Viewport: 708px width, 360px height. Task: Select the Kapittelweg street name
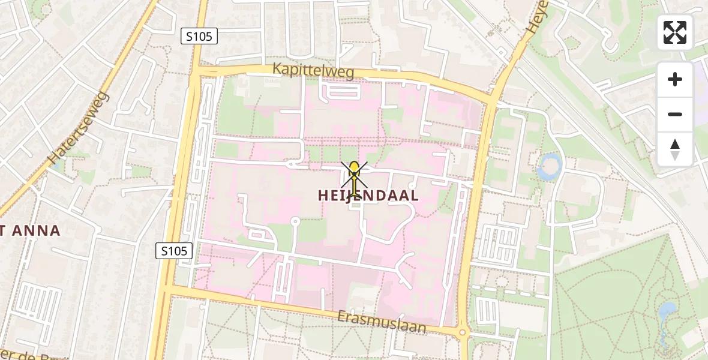click(313, 70)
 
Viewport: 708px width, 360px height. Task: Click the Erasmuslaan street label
click(381, 322)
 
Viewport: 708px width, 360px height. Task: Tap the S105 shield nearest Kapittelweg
click(199, 36)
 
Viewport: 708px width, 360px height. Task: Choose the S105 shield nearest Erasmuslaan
click(174, 251)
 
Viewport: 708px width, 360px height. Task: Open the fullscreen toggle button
click(675, 32)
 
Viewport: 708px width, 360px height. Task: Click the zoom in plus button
click(675, 79)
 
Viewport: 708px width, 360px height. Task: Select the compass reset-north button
click(675, 149)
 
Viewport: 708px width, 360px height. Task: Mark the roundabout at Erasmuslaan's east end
click(463, 332)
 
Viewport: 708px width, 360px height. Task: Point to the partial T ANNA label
click(30, 230)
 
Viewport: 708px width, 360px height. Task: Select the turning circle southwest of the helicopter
click(295, 221)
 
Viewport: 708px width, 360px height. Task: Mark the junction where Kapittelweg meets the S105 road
click(196, 72)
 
